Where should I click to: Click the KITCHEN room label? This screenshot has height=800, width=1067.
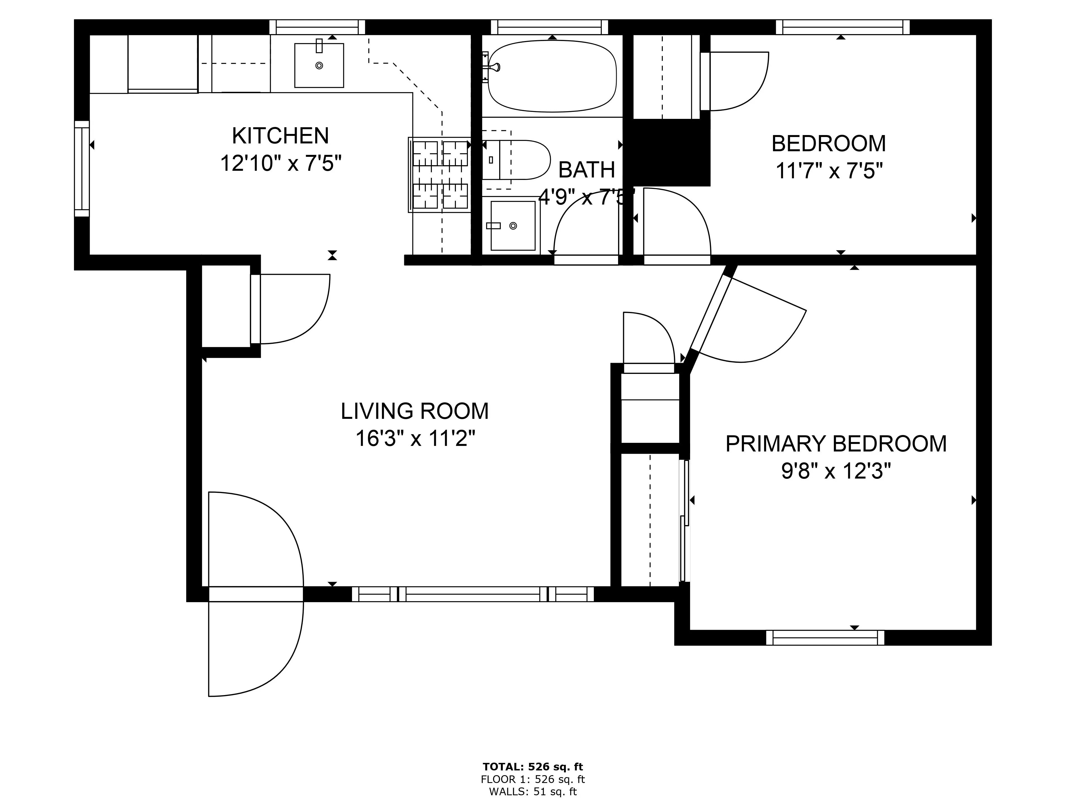tap(280, 136)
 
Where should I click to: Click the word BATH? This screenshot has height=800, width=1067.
tap(587, 170)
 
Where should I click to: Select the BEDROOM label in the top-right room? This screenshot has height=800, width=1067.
tap(829, 144)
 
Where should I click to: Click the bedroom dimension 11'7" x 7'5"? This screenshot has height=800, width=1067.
tap(829, 171)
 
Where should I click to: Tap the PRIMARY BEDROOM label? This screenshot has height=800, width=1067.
tap(836, 444)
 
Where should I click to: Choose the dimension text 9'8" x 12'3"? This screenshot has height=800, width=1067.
tap(836, 471)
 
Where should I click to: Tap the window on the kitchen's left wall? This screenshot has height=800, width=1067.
tap(82, 169)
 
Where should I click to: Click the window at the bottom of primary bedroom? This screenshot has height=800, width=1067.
tap(825, 638)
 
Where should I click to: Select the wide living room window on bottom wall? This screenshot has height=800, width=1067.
tap(473, 594)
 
